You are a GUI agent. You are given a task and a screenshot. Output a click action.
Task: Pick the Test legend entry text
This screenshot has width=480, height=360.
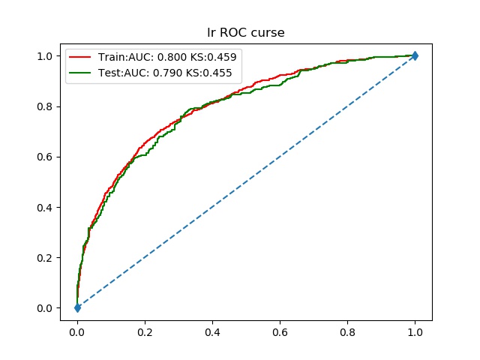[x=164, y=73]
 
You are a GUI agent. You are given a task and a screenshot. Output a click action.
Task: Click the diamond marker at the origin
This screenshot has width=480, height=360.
[x=77, y=307]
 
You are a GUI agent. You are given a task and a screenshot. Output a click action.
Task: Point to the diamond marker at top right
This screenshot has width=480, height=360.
[x=415, y=55]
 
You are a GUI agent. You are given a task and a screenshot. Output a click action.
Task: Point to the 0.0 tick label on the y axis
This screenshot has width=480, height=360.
[x=45, y=308]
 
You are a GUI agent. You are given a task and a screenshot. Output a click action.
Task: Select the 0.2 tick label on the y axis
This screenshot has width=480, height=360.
[x=45, y=258]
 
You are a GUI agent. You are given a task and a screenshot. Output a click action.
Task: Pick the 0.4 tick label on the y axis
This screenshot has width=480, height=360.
[x=45, y=207]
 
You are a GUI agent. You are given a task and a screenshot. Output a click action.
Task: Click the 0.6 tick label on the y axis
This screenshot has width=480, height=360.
[x=45, y=157]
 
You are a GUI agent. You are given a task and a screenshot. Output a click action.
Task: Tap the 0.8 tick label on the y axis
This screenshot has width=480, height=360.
[x=45, y=106]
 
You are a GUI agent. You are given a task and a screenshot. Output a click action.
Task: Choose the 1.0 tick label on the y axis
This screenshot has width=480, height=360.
[x=45, y=56]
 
